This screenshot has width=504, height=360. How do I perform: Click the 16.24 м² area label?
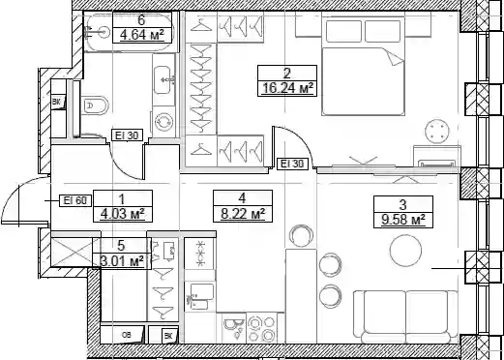coord(287,88)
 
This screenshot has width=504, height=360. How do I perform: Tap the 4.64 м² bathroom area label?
coord(142,35)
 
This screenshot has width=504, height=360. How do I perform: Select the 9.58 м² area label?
coord(402,220)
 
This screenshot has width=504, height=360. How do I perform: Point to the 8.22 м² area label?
coord(243,214)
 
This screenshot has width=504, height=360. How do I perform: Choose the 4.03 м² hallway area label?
coord(122,214)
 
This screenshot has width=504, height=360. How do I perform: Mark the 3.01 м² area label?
coord(122,260)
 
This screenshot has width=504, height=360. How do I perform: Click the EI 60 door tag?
coord(75,200)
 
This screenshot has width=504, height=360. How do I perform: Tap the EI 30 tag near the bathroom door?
coord(127,135)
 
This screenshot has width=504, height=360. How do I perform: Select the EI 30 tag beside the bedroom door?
coord(292,164)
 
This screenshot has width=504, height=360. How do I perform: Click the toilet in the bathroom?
coord(95,105)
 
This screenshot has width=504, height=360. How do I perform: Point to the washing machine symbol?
coord(163,121)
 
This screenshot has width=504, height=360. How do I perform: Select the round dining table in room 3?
coord(405,251)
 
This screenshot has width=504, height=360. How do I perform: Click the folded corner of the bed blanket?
coord(394,57)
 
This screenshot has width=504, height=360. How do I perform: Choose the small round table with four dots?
coord(437,131)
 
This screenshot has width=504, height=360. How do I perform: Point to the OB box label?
coord(127,336)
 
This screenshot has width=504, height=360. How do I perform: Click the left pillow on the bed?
coord(343,31)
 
